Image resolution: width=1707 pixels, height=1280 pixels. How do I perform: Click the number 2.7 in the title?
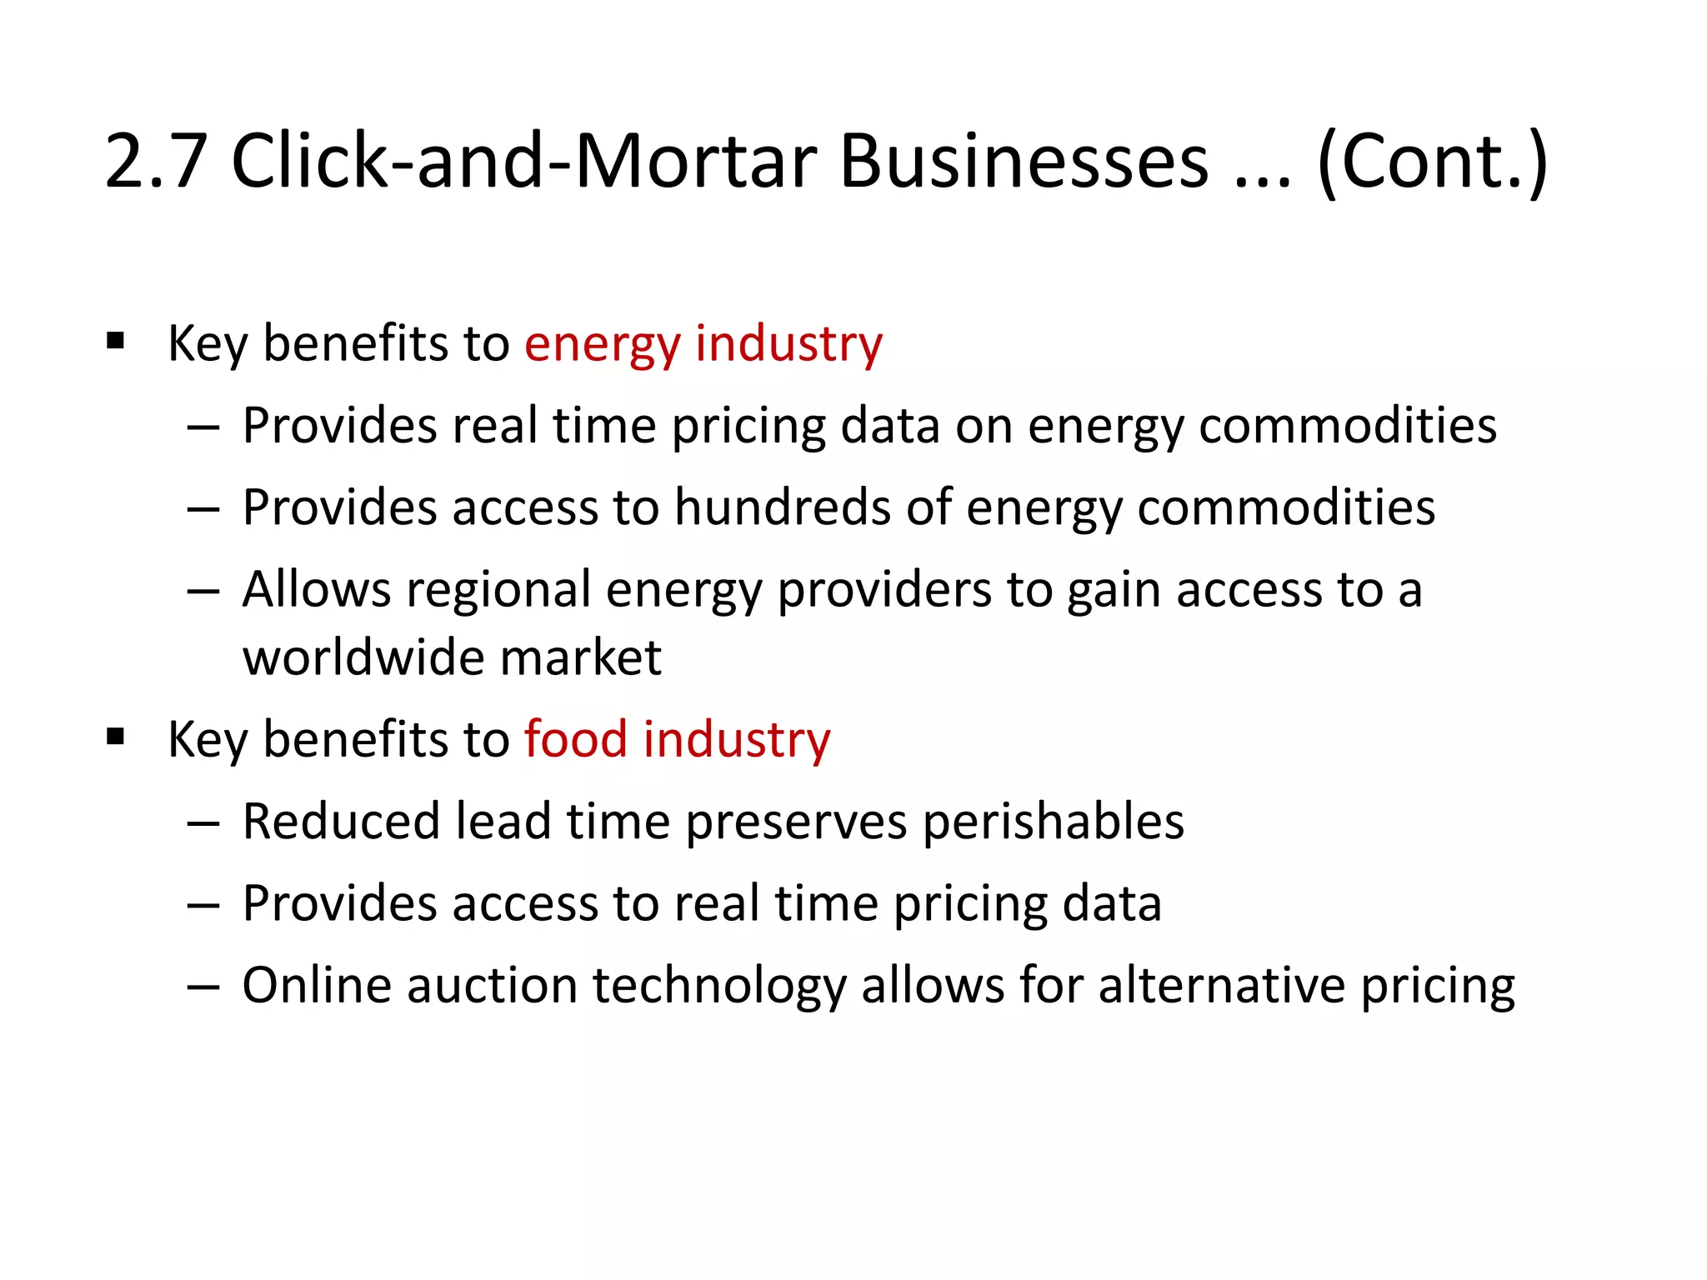click(156, 162)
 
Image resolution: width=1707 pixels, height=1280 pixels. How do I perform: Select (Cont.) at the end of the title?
click(1432, 162)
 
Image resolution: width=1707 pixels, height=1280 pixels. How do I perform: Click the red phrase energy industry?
click(703, 344)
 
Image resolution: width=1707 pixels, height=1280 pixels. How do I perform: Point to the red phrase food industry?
click(677, 740)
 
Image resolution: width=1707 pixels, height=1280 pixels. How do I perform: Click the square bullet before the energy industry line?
click(116, 342)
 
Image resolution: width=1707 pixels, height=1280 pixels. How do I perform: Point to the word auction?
click(492, 986)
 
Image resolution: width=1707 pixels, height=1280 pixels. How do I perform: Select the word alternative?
click(1221, 986)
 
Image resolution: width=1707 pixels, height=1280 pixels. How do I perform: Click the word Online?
click(317, 986)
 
